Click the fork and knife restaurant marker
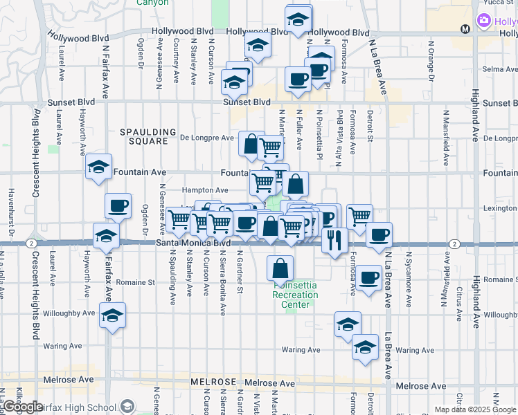(334, 239)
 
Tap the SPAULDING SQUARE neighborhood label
(144, 136)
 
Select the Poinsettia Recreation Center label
(296, 295)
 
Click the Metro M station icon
(465, 29)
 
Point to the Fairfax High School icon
(127, 406)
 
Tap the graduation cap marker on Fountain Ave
(99, 167)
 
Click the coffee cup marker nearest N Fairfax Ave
(118, 205)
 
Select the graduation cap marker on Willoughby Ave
(112, 315)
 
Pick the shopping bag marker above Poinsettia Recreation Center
(280, 268)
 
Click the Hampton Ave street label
(204, 190)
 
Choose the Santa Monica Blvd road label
(193, 243)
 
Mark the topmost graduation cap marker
(298, 19)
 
